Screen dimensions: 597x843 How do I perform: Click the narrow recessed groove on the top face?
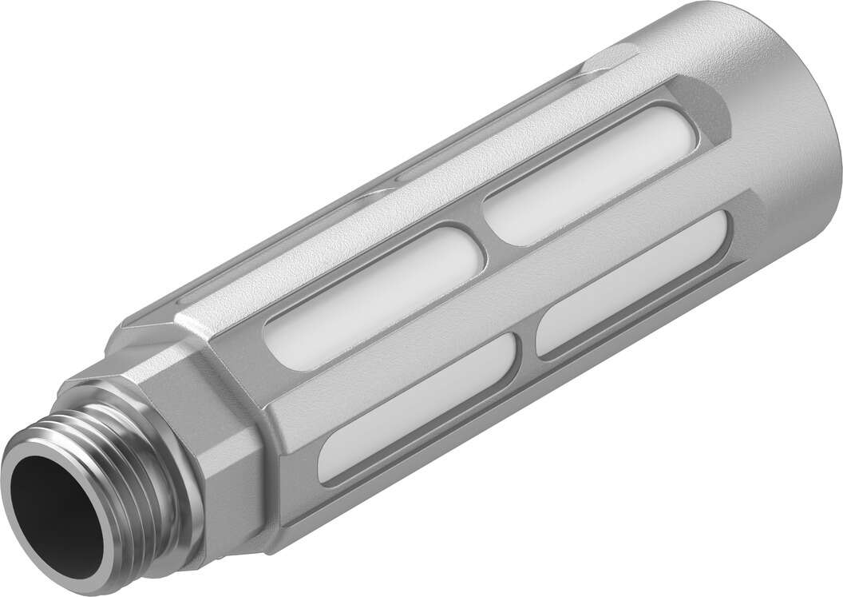point(495,120)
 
